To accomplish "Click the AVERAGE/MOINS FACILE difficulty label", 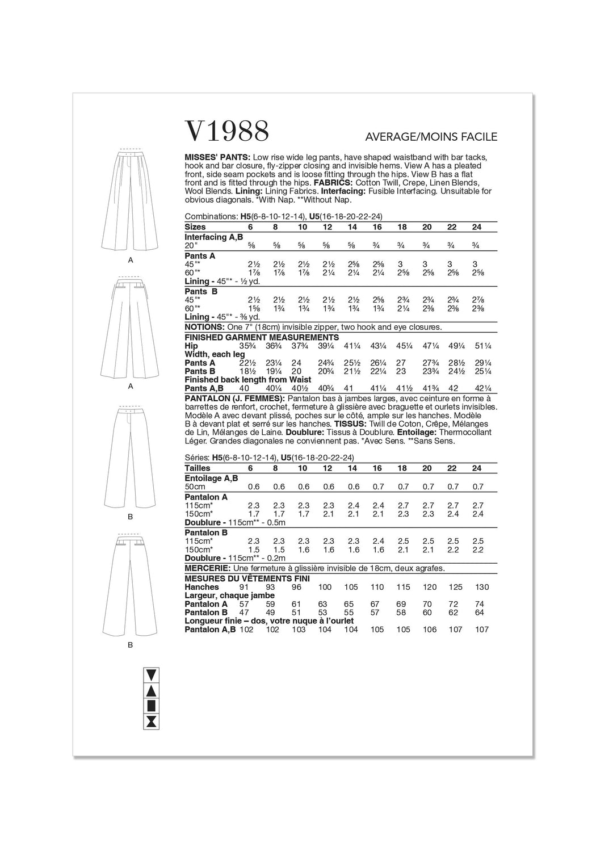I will pyautogui.click(x=431, y=137).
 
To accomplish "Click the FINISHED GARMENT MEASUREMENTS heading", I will pyautogui.click(x=262, y=337).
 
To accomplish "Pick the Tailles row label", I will pyautogui.click(x=198, y=468).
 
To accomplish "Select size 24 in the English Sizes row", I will pyautogui.click(x=476, y=227).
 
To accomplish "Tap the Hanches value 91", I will pyautogui.click(x=245, y=587).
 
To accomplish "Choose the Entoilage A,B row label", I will pyautogui.click(x=211, y=478).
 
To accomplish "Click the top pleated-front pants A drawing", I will pyautogui.click(x=131, y=199).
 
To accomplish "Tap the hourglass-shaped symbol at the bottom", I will pyautogui.click(x=152, y=722).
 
